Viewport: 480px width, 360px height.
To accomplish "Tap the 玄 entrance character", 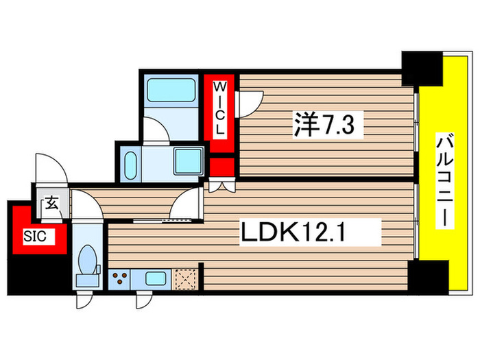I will (51, 203).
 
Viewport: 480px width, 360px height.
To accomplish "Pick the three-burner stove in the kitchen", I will (121, 279).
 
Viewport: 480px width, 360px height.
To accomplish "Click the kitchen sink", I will (155, 279).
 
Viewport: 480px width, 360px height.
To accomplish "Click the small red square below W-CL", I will (221, 167).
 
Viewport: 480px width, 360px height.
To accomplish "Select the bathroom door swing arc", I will (159, 130).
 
